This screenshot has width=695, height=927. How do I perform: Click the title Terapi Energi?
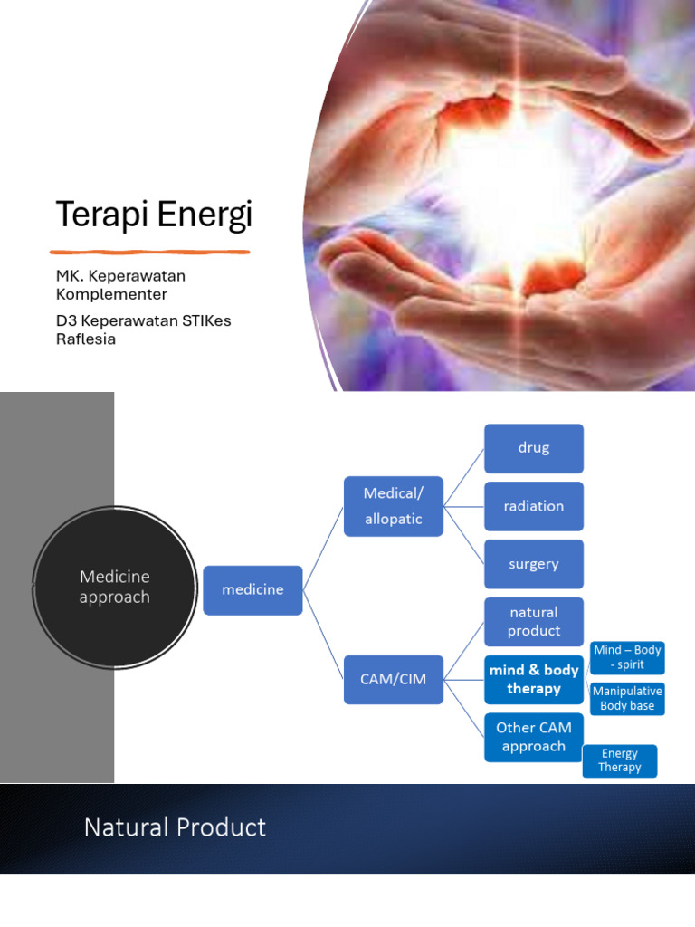point(154,215)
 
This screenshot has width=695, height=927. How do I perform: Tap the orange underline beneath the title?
point(149,252)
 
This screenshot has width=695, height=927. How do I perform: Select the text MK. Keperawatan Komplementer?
point(120,285)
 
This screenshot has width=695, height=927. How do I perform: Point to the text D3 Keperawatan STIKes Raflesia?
point(143,330)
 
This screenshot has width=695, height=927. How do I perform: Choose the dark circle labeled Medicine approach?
point(114,587)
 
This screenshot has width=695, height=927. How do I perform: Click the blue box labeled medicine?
point(252,589)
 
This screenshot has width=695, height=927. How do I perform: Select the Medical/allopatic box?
point(393,506)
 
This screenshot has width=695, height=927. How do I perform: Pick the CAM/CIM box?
point(393,679)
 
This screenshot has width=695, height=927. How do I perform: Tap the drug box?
point(533,448)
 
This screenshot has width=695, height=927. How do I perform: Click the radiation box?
point(533,506)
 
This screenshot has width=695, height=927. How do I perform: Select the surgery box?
point(533,564)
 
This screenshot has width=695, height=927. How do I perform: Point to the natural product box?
point(533,621)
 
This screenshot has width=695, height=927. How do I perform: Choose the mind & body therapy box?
point(533,680)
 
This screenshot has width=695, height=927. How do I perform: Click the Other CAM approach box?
point(533,737)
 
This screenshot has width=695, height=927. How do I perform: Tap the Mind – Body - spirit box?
point(627,657)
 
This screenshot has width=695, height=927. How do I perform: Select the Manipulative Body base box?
point(627,699)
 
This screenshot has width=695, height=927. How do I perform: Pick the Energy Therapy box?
point(619,760)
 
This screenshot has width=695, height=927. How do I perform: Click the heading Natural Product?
point(175,827)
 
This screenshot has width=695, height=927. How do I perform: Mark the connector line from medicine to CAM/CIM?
point(323,633)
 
